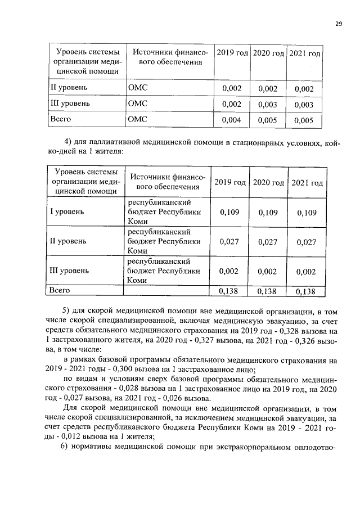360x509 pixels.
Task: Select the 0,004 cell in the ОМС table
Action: (x=232, y=120)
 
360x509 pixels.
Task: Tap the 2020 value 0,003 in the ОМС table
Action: (x=268, y=105)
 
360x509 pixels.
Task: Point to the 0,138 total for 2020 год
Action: (x=268, y=292)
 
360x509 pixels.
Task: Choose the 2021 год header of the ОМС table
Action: (x=304, y=53)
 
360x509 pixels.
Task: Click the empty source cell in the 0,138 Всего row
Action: (x=166, y=291)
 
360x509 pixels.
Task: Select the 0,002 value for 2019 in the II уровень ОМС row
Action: (x=232, y=89)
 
